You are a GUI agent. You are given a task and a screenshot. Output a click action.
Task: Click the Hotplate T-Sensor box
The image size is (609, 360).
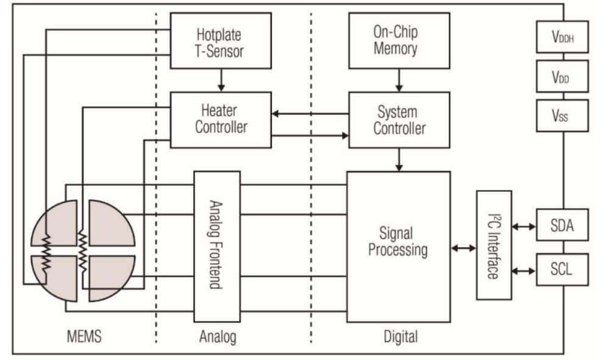click(221, 40)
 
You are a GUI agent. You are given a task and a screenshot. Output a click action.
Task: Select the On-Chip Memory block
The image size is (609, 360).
click(399, 40)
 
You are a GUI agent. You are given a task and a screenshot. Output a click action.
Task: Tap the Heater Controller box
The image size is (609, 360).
click(221, 119)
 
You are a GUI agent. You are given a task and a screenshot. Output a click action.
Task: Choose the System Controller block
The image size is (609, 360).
click(399, 119)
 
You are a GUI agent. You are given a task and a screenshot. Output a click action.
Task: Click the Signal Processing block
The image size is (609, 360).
click(399, 242)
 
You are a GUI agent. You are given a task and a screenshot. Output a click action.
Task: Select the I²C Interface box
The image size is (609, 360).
click(494, 245)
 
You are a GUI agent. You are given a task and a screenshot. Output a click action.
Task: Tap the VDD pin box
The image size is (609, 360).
click(563, 77)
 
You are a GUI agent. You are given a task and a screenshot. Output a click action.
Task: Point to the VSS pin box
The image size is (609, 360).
click(563, 116)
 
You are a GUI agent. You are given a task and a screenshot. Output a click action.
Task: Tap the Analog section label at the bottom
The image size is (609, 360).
click(218, 336)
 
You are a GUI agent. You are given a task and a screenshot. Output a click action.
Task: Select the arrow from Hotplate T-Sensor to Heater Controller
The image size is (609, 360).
click(221, 79)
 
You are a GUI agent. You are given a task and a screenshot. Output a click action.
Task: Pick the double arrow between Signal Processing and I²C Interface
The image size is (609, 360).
click(464, 248)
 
